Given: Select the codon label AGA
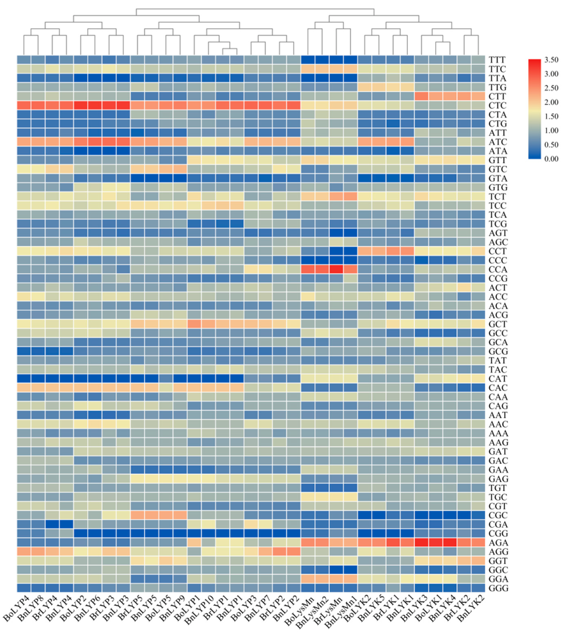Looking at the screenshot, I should (x=498, y=543).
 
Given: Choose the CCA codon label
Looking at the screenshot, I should (x=498, y=270).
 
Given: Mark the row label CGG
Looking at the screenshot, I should (x=498, y=534).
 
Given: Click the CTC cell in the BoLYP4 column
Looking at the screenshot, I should (x=24, y=106).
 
